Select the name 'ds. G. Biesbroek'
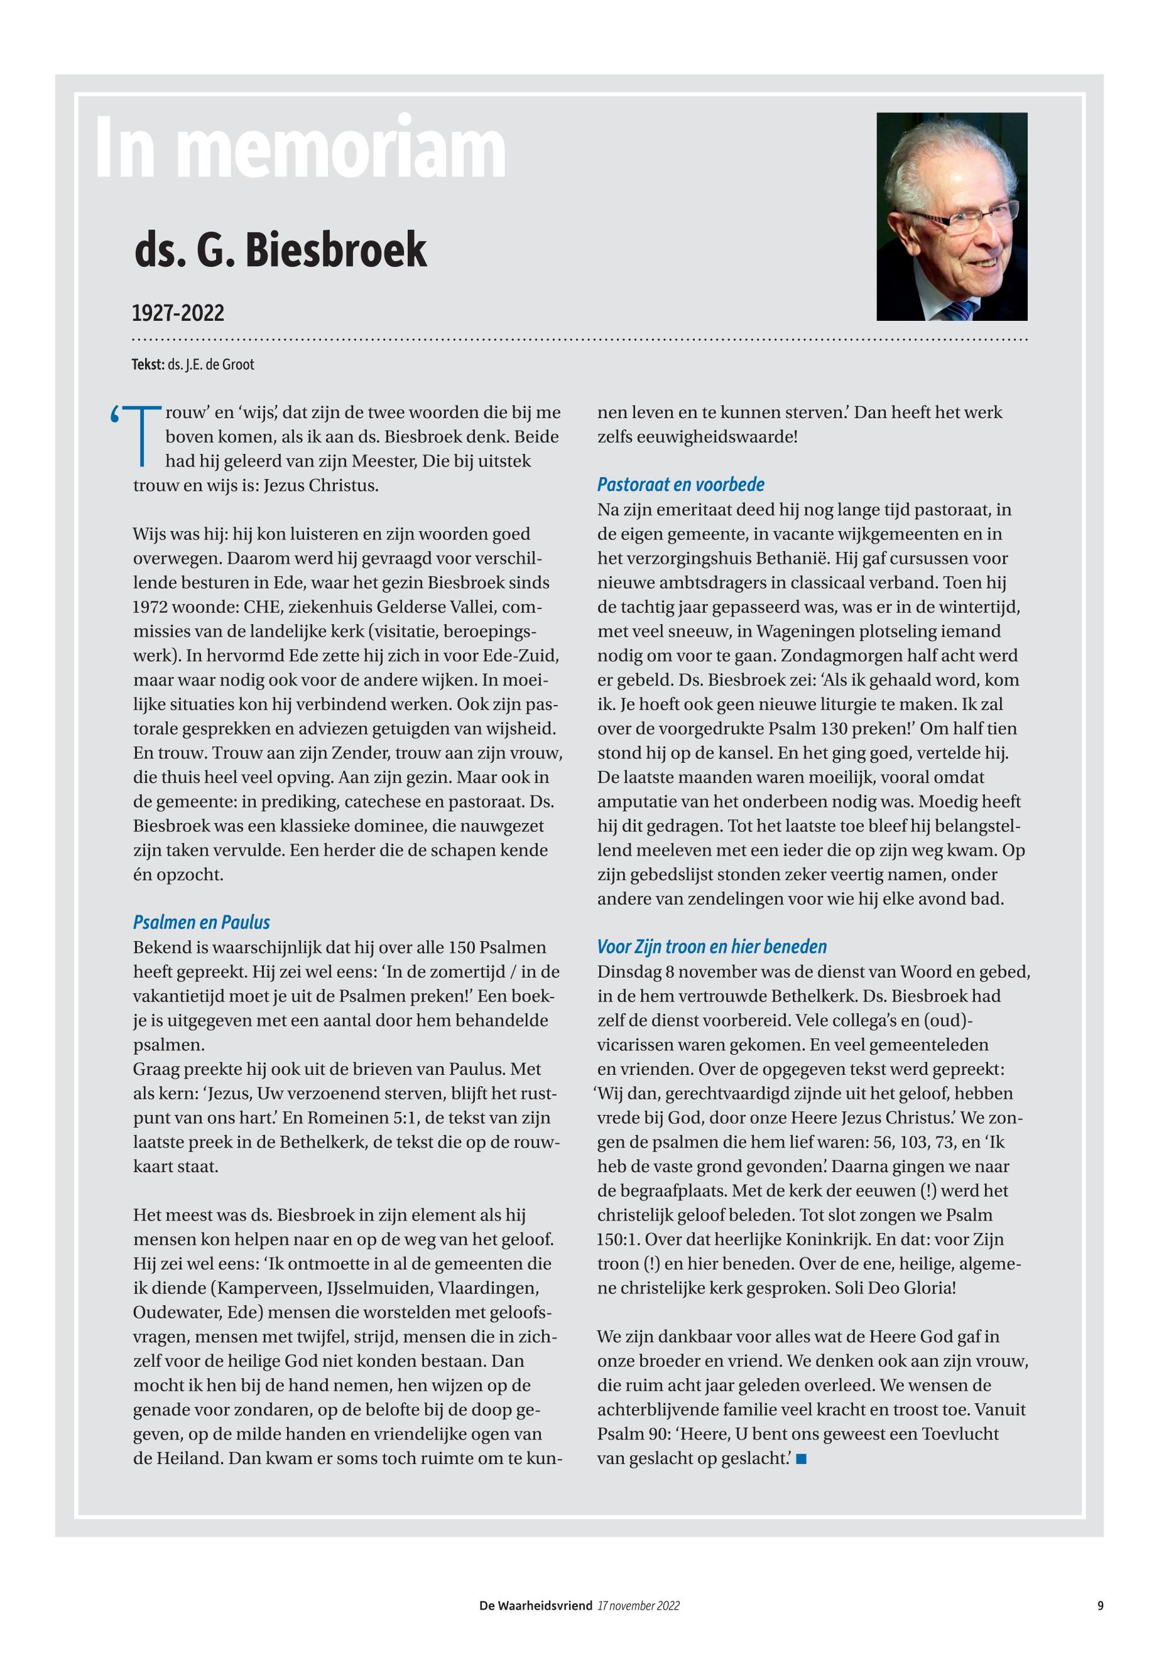coord(280,251)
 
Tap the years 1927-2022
coord(178,313)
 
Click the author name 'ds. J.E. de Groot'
coord(210,364)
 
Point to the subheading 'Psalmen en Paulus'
coord(201,922)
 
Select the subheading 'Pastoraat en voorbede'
coord(680,484)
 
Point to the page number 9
coord(1100,1605)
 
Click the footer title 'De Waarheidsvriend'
coord(535,1605)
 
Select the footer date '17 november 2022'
coord(638,1605)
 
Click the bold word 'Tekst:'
coord(148,364)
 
